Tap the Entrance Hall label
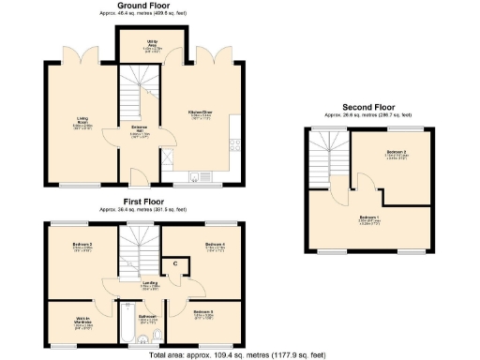tap(139, 129)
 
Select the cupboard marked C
tap(175, 263)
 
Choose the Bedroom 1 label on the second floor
tap(368, 219)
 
